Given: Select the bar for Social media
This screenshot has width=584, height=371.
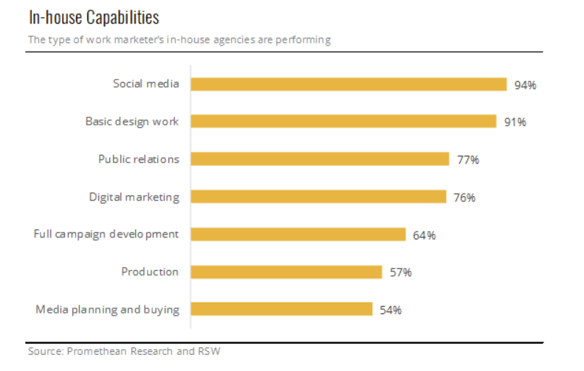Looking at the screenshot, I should tap(348, 84).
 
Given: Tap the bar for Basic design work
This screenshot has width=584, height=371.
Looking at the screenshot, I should tap(343, 121).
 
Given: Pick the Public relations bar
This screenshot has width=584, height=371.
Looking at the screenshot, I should tap(320, 159).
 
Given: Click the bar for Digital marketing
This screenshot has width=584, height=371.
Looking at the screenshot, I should tap(318, 196).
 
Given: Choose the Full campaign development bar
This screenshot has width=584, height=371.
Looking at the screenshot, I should tap(298, 235).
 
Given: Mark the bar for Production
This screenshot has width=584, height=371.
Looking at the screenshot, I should tap(286, 272).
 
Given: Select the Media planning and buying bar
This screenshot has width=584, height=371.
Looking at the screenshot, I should tap(281, 309).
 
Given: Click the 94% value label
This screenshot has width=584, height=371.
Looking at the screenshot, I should tap(525, 85).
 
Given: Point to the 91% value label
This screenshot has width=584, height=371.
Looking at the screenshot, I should tap(515, 122).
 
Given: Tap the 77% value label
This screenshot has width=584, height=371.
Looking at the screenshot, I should tap(468, 160).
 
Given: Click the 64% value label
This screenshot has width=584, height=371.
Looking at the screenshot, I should tap(424, 235).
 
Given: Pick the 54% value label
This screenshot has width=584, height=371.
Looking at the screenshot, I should tap(390, 310).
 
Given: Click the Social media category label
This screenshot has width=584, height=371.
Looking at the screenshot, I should tap(145, 83).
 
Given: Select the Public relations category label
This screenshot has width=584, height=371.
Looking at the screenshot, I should tap(139, 159).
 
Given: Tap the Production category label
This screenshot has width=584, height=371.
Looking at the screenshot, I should tap(150, 271).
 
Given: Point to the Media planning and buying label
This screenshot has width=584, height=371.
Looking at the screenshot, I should tap(108, 309).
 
